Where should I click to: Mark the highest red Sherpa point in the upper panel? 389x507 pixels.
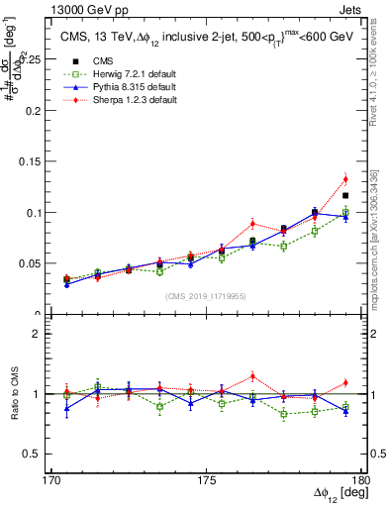click(x=344, y=179)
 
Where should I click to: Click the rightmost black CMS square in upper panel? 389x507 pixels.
click(x=344, y=195)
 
